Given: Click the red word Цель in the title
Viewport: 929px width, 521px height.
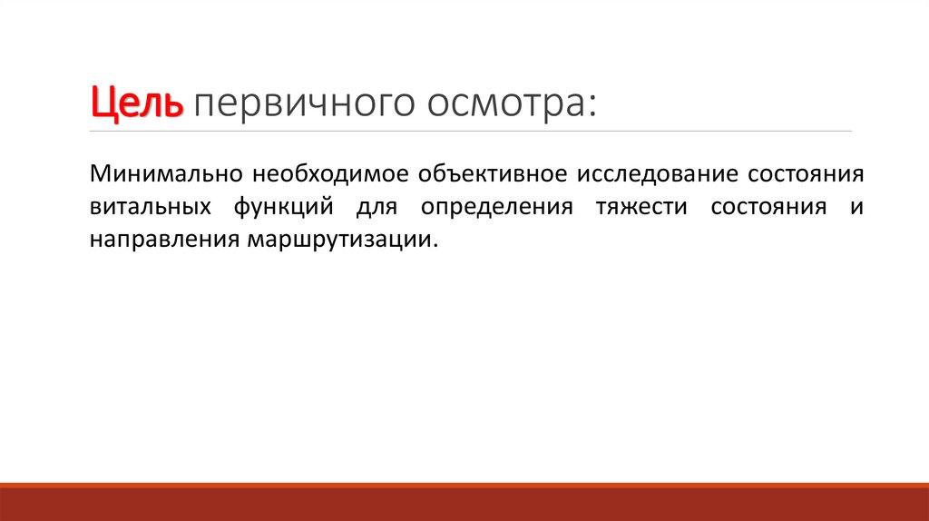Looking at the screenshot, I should (x=136, y=103).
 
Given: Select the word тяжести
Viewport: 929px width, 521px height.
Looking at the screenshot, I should (x=641, y=206).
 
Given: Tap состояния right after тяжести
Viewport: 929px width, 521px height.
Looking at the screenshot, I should (x=768, y=206).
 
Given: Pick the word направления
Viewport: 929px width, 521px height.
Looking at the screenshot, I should (x=162, y=241).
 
